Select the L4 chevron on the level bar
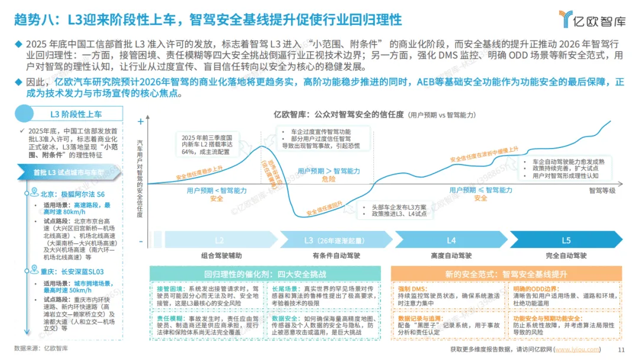tap(451, 241)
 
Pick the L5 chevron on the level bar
tap(566, 241)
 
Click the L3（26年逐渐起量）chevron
tap(334, 241)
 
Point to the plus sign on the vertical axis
tap(140, 121)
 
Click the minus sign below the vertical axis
tap(140, 242)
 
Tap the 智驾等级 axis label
tap(602, 191)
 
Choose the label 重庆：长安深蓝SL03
tap(75, 272)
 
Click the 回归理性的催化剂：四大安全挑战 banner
tap(264, 274)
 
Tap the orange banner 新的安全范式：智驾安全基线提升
tap(505, 274)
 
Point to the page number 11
tap(621, 349)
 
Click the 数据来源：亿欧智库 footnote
tap(41, 349)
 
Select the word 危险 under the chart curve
tap(329, 179)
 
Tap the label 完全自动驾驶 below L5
tap(566, 256)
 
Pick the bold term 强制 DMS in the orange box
tap(412, 288)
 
